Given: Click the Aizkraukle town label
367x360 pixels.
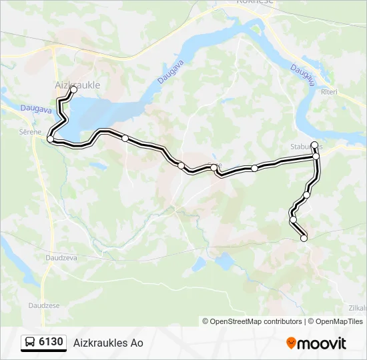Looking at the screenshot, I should point(77,85).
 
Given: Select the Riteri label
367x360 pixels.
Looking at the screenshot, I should point(330,91).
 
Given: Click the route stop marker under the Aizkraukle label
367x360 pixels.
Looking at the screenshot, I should point(73,90).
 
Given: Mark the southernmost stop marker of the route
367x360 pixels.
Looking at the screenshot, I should point(304,238).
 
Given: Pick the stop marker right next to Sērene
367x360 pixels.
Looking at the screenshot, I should point(50,139).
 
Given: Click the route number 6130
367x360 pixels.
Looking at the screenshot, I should point(51,343).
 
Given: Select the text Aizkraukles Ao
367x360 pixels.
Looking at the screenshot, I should point(108,343).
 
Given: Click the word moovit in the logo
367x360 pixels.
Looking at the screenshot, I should point(322,343).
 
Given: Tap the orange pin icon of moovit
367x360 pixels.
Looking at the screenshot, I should point(291,343).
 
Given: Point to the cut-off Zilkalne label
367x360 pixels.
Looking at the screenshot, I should point(358,307).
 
